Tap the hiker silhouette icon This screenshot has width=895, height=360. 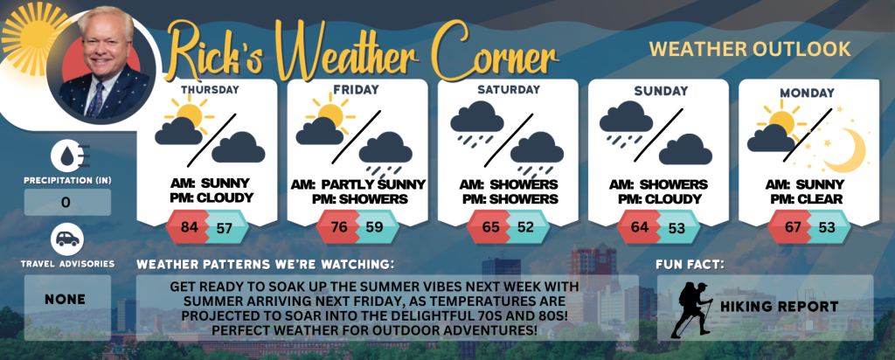click(691, 309)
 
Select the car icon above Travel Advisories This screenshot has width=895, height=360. click(67, 239)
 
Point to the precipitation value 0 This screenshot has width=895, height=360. click(66, 203)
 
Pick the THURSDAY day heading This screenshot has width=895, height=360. click(210, 89)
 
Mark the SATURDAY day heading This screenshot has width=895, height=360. click(510, 90)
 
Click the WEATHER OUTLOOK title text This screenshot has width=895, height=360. click(750, 50)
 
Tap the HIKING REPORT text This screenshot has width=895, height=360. click(779, 307)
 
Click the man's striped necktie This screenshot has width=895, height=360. click(95, 100)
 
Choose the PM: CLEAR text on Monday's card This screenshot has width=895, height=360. click(807, 199)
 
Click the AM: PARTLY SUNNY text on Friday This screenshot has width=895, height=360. click(357, 185)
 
